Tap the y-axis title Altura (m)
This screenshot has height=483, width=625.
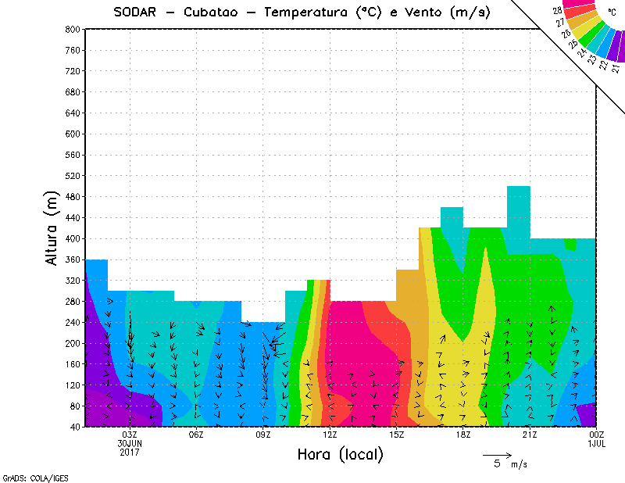coord(52,228)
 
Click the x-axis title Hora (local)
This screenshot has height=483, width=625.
coord(339,455)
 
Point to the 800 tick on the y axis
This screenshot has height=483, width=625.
coord(72,29)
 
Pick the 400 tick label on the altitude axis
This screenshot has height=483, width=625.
coord(72,238)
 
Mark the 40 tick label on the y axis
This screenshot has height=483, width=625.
coord(74,428)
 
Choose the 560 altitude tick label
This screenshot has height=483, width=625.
coord(72,155)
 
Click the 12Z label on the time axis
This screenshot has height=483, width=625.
coord(330,435)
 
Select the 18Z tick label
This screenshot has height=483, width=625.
coord(463,435)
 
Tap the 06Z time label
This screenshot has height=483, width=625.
coord(196,435)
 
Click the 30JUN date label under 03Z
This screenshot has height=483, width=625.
coord(130,443)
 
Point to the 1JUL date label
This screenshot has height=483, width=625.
coord(597,443)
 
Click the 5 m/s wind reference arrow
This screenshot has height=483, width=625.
coord(496,454)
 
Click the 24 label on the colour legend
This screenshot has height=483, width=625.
coord(580,53)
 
